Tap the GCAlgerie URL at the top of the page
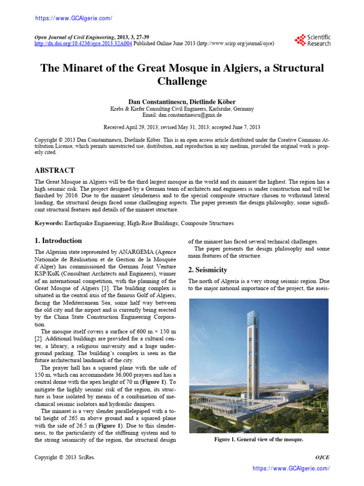point(74,19)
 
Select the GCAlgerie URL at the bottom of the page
point(291,468)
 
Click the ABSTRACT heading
point(55,170)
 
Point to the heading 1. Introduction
point(59,241)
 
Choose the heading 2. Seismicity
point(208,270)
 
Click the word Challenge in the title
point(182,81)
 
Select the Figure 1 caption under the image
point(258,439)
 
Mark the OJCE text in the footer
point(322,457)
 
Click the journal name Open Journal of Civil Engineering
point(74,37)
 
